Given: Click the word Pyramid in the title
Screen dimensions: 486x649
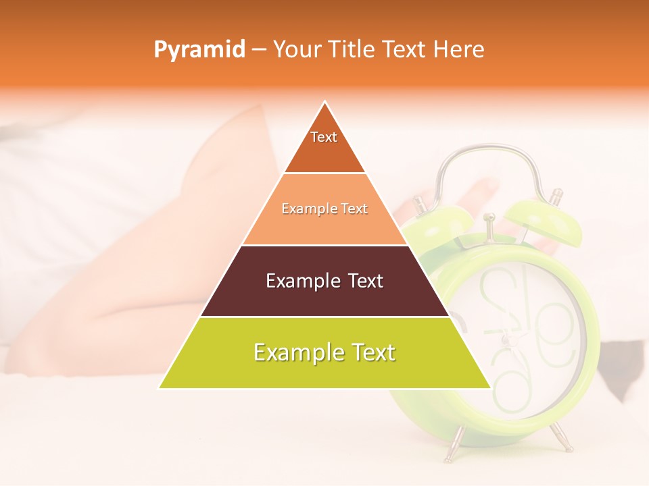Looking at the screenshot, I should (199, 50).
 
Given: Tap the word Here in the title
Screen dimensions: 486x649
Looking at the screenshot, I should (460, 49).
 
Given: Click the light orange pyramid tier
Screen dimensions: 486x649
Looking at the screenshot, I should (324, 223).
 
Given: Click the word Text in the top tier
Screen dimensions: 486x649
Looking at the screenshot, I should (324, 137).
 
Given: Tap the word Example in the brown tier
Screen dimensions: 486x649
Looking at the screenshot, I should (302, 281).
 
